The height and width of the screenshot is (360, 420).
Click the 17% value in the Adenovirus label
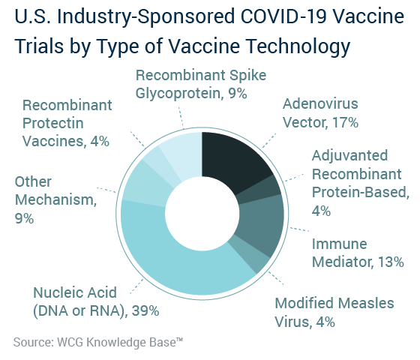pyautogui.click(x=345, y=123)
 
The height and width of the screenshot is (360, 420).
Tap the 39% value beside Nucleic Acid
pyautogui.click(x=145, y=310)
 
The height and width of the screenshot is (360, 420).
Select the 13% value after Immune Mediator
pyautogui.click(x=391, y=262)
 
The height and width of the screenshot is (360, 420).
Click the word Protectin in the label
pyautogui.click(x=53, y=123)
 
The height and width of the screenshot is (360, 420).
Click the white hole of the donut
pyautogui.click(x=202, y=214)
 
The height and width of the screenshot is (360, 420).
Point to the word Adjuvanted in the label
pyautogui.click(x=349, y=156)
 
